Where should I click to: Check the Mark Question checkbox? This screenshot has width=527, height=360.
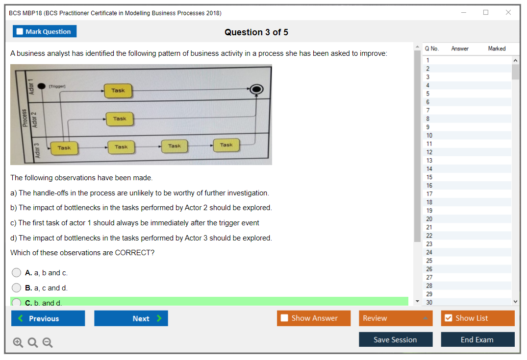click(20, 32)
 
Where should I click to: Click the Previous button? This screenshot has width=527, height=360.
click(48, 318)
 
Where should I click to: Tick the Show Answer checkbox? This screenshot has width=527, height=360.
click(284, 318)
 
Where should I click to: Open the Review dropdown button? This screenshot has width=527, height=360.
click(396, 318)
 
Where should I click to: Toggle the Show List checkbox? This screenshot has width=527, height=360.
click(448, 318)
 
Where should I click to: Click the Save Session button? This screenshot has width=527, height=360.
click(395, 339)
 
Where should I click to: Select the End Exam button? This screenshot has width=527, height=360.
click(477, 339)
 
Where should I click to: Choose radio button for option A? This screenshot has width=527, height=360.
click(17, 273)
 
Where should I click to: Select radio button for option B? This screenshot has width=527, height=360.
click(17, 288)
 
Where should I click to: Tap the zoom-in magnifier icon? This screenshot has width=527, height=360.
click(18, 343)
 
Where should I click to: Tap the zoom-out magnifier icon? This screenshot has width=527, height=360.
click(48, 343)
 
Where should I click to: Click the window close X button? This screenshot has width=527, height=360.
click(508, 13)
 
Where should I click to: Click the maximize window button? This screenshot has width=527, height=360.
click(486, 13)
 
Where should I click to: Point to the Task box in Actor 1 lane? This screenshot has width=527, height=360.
click(118, 91)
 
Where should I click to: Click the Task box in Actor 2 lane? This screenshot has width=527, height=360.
click(120, 119)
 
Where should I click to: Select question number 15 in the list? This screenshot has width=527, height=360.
click(429, 177)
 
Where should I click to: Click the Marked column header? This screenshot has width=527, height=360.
click(497, 48)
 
